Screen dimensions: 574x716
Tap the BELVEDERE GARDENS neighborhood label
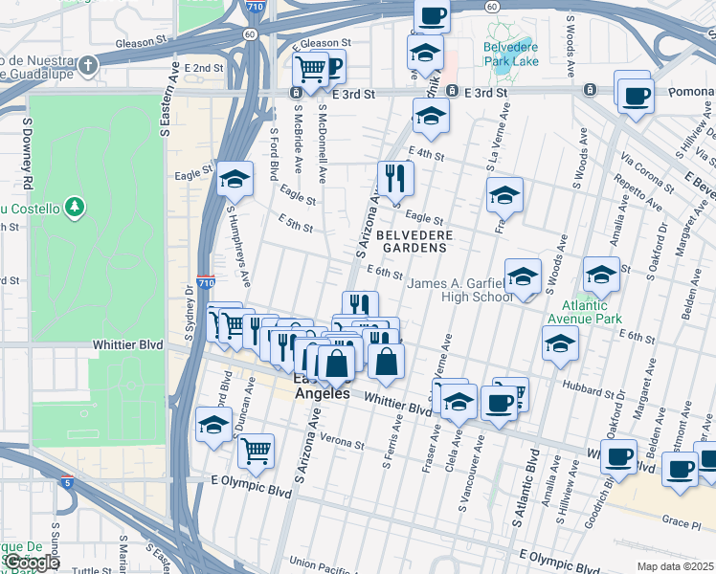412,240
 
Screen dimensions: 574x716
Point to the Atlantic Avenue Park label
585,312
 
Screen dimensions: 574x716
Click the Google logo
32,563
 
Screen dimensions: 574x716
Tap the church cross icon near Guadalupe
88,66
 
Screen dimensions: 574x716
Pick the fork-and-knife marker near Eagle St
394,177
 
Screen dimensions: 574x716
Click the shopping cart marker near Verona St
256,449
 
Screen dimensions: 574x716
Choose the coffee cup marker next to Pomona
636,96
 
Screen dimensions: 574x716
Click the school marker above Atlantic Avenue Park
601,276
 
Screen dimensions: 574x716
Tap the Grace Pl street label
681,522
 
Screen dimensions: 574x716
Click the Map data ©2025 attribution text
676,566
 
